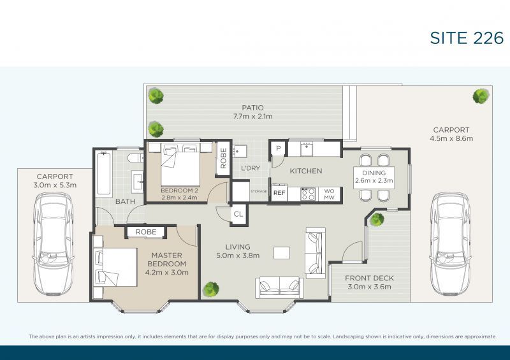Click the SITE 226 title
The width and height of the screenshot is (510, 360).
tap(467, 38)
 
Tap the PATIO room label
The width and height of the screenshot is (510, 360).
tap(252, 108)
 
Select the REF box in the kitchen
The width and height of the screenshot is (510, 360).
tap(279, 193)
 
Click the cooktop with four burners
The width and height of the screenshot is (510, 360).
tap(308, 194)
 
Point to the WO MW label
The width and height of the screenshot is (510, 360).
tap(329, 194)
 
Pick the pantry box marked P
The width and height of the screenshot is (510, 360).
tap(279, 148)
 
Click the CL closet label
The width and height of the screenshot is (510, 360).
tap(238, 214)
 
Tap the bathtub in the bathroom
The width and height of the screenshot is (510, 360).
tap(103, 173)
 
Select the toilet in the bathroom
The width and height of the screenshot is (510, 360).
tap(135, 158)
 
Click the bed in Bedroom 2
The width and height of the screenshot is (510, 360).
tap(180, 164)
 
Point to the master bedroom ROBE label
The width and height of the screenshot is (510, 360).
tap(146, 232)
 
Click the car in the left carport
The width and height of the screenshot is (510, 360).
tap(54, 244)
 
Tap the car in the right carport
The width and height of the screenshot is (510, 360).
tap(451, 244)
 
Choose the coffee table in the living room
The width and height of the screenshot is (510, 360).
tap(282, 253)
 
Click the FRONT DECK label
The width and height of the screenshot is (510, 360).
tap(369, 278)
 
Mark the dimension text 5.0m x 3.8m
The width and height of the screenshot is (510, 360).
tap(238, 256)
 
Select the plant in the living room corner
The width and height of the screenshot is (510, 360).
tap(211, 289)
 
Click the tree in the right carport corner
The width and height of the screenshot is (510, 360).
tap(481, 96)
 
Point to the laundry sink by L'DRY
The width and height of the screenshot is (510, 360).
tap(240, 151)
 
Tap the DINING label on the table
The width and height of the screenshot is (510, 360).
tap(374, 173)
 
